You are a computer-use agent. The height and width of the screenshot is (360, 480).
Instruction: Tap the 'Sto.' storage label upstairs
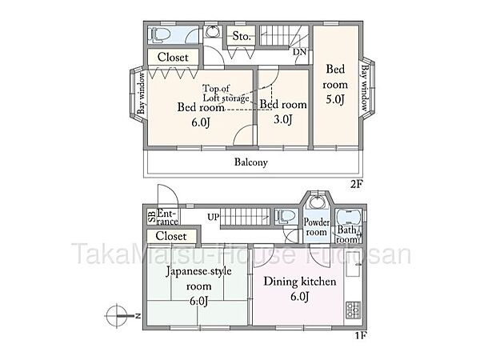pos(242,37)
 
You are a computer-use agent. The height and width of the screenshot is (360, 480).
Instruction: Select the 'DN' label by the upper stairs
pos(299,52)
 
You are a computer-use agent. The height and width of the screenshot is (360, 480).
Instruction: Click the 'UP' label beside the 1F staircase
pos(214,217)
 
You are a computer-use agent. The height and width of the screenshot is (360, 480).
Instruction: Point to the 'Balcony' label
pos(250,162)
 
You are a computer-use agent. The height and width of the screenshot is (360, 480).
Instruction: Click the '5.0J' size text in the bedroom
pos(334,99)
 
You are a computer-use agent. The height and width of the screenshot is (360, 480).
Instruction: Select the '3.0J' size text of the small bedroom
pos(282,120)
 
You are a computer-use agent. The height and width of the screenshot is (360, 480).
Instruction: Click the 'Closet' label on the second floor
pos(173,58)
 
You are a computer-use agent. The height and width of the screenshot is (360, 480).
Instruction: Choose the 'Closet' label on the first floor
pos(171,236)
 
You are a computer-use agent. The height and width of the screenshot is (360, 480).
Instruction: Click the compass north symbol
pos(117,315)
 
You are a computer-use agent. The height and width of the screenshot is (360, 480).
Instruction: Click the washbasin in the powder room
pos(318,202)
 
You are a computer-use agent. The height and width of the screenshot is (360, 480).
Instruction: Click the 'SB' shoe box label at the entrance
pos(151,215)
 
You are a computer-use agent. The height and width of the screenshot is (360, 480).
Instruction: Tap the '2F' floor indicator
pos(357,183)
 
